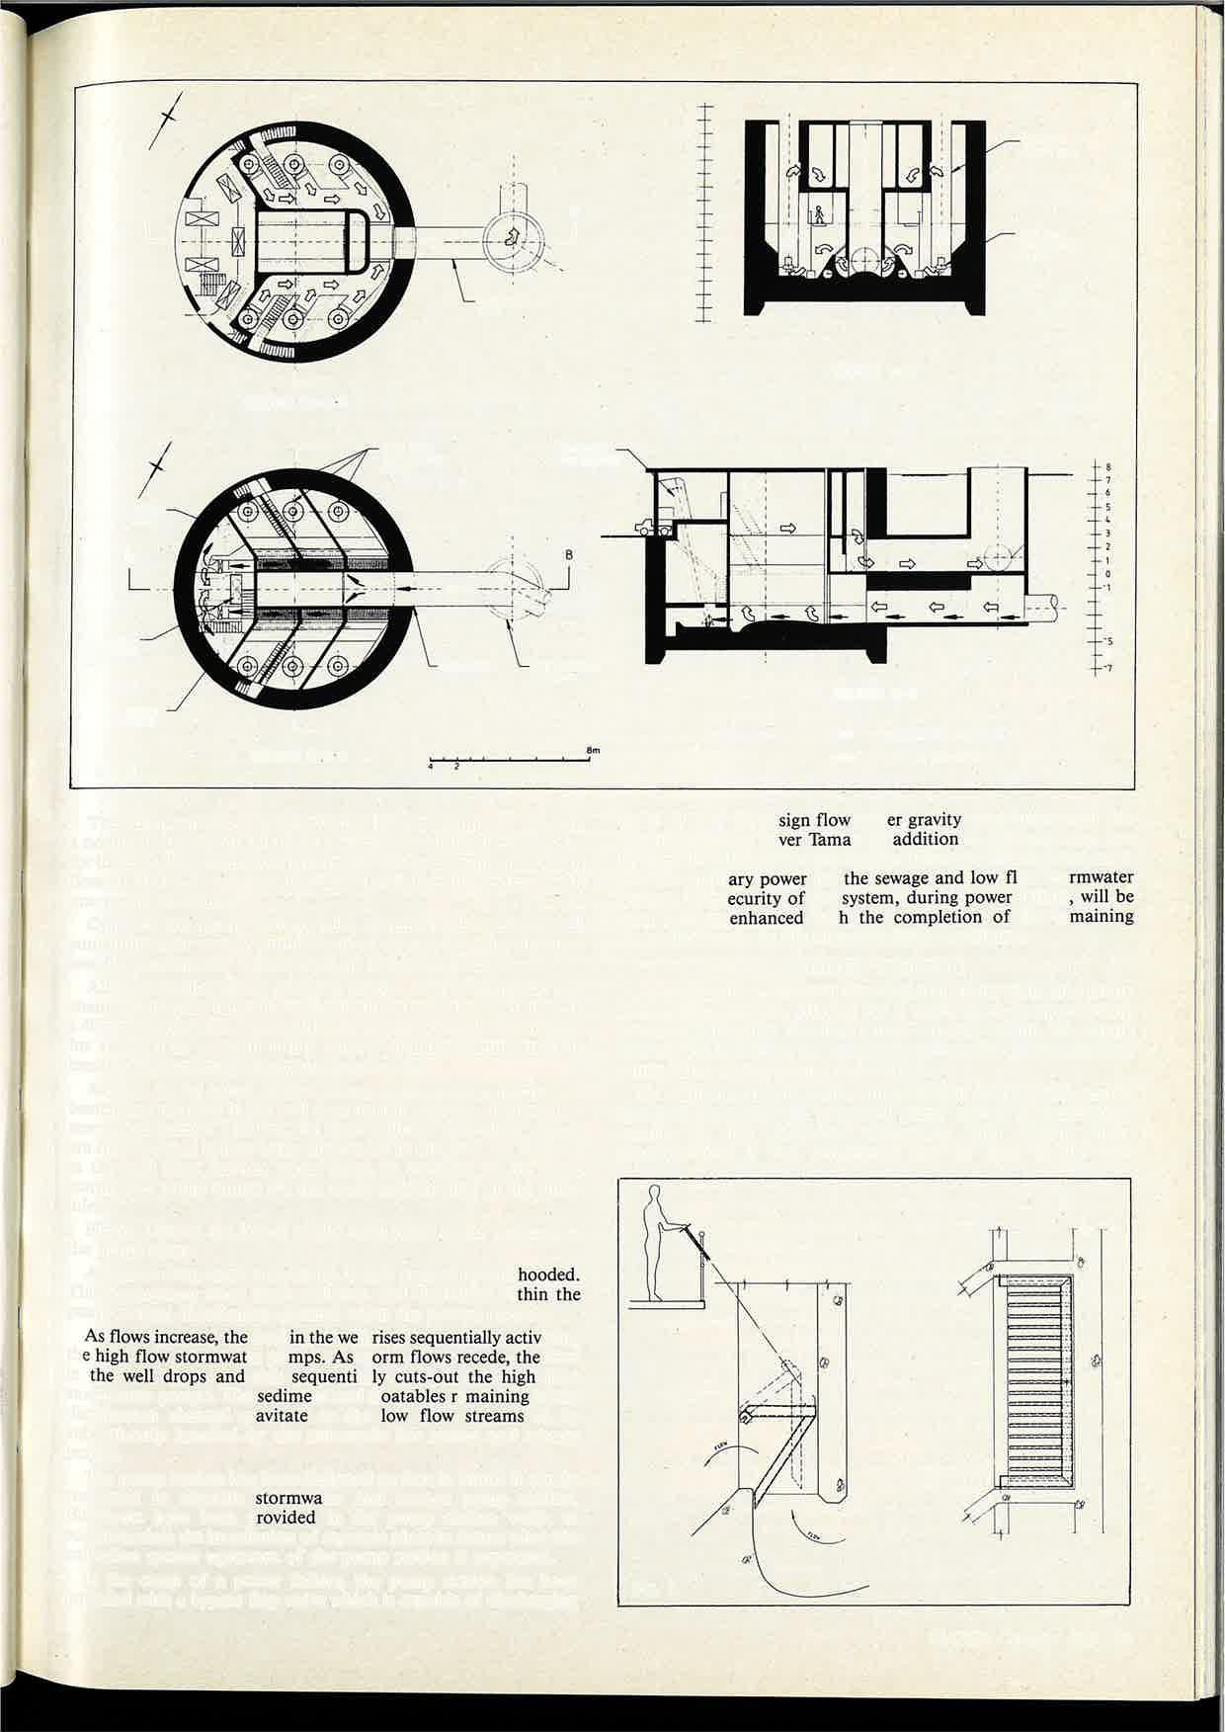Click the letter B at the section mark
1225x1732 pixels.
[x=569, y=554]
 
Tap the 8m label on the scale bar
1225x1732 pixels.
[x=593, y=751]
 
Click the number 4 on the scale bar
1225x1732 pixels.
[x=431, y=766]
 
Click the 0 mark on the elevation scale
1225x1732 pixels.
[x=1108, y=573]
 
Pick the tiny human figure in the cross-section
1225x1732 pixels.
[x=818, y=213]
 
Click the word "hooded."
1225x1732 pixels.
[x=548, y=1275]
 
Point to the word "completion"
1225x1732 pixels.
[x=939, y=916]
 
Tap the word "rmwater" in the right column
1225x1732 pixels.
[x=1102, y=877]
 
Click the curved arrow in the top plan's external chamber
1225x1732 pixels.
[x=512, y=237]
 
